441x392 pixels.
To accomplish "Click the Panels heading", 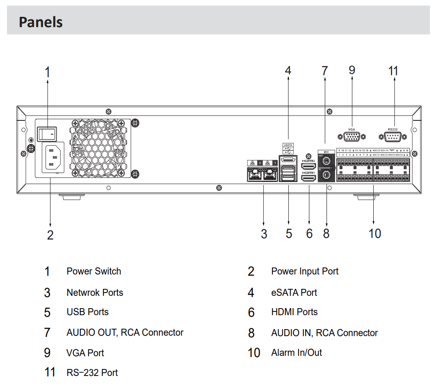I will tap(41, 22).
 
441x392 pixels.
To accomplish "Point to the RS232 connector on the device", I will tap(393, 137).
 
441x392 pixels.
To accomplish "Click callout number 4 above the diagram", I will tap(288, 71).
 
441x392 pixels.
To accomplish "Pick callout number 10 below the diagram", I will tap(375, 233).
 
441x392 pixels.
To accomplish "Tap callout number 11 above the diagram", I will tap(393, 71).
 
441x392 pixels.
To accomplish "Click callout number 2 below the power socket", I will tap(50, 235).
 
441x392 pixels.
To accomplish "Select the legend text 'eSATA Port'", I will tap(294, 293).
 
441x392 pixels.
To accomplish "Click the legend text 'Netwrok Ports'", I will tap(95, 293).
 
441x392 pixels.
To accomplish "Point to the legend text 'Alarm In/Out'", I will tap(296, 353).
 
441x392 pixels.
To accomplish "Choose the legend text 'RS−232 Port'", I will tap(92, 373).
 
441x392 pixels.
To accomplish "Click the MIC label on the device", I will tap(327, 152).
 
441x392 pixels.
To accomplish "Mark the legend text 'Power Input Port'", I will tap(304, 271).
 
